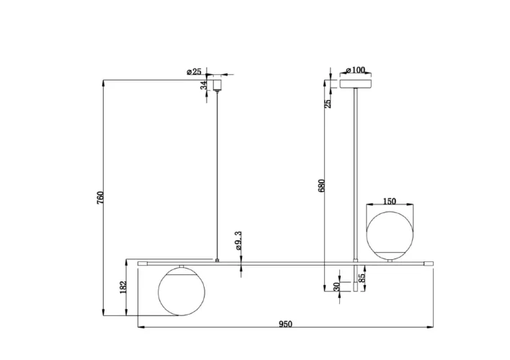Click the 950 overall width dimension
(285, 324)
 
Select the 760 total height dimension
(101, 198)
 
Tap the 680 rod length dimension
(321, 185)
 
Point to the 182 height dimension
(123, 287)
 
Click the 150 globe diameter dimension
(389, 202)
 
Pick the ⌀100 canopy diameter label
(356, 70)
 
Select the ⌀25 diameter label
(194, 71)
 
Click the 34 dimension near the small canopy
(204, 85)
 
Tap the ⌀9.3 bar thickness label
(238, 240)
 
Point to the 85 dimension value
(362, 277)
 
